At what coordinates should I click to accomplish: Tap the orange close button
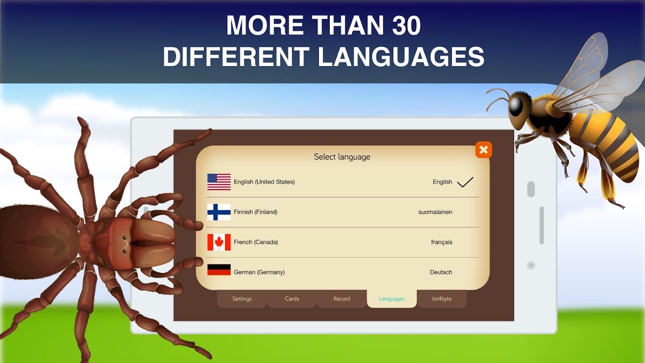point(484,150)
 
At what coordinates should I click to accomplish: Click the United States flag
point(219,182)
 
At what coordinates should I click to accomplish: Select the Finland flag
point(219,212)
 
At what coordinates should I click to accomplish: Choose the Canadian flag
point(219,242)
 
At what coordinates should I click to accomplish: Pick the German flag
point(219,270)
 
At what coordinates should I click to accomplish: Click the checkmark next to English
point(465,182)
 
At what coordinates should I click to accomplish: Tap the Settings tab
point(242,299)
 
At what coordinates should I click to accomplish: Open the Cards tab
point(292,299)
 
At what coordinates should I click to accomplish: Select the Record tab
point(342,299)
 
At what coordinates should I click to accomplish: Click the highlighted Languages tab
point(391,299)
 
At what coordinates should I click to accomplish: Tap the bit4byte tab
point(442,299)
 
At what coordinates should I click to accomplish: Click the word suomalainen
point(435,212)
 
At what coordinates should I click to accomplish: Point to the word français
point(441,242)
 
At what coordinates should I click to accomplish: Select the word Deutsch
point(441,272)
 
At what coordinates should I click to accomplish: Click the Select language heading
point(342,157)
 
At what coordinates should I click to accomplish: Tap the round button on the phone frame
point(531,265)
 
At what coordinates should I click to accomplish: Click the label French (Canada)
point(256,242)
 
